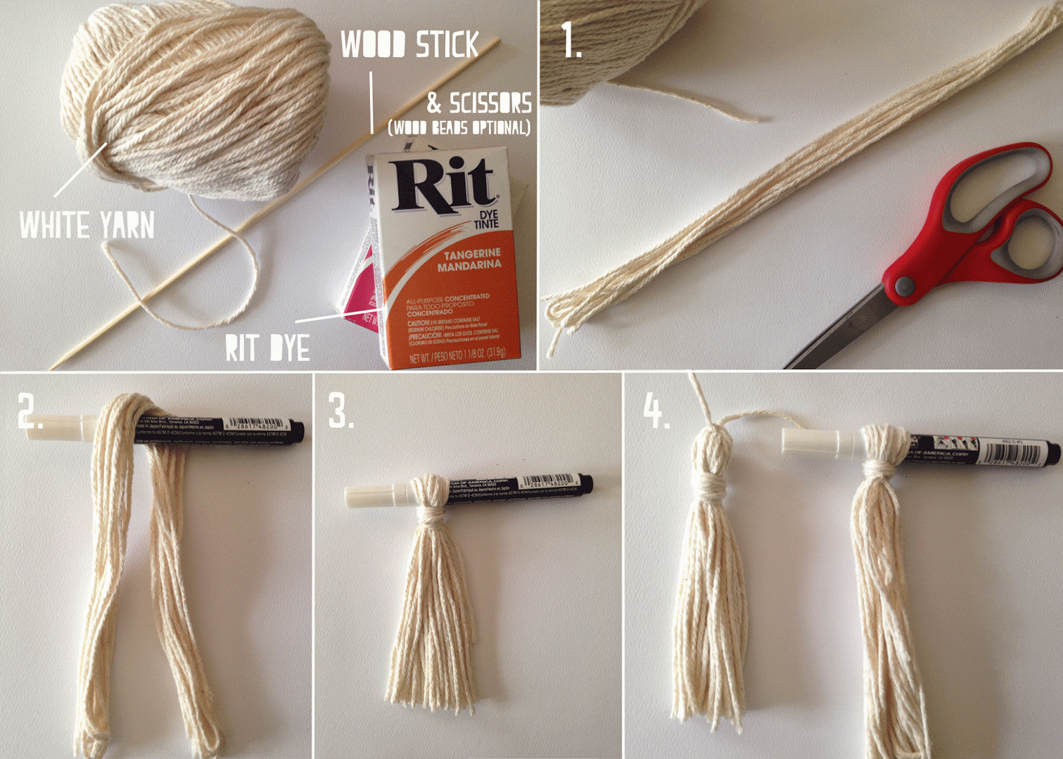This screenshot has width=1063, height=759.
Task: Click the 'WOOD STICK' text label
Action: [409, 45]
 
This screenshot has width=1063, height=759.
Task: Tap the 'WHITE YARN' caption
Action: [87, 225]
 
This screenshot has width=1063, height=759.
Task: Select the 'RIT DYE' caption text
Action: [267, 348]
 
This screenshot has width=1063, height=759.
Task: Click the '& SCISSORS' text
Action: [479, 104]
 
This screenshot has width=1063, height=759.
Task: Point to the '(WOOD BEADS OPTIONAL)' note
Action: [459, 127]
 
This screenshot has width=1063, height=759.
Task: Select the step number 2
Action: [30, 412]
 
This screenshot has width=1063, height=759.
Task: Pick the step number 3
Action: [341, 412]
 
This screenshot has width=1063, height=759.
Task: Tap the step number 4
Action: [654, 411]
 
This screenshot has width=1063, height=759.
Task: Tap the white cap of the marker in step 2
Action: [60, 426]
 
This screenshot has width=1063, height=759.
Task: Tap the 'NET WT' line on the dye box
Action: [457, 354]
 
